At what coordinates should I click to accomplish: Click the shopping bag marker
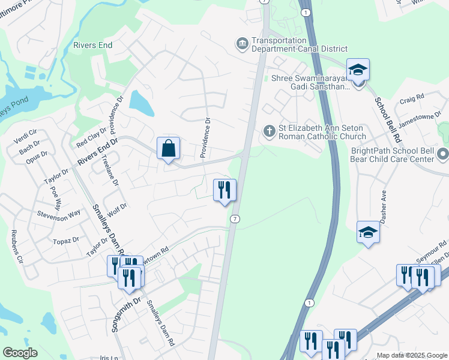pos(169,148)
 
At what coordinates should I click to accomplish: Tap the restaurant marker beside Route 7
pos(225,190)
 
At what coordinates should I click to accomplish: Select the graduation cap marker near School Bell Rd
pos(357,70)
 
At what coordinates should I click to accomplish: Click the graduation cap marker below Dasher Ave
pos(367,232)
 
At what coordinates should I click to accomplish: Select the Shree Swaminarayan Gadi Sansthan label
pos(310,82)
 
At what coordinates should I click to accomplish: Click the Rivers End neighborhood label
pos(93,45)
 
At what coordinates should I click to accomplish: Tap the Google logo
pos(20,353)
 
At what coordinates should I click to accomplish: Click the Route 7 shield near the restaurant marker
pos(235,219)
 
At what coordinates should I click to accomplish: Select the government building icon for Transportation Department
pos(242,43)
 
